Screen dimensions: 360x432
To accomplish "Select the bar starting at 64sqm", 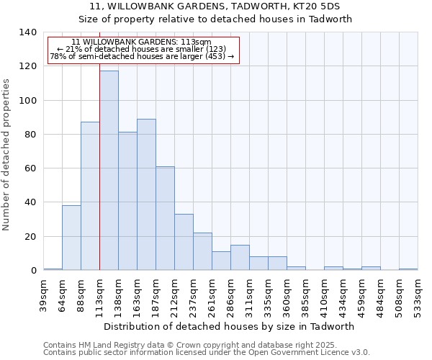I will tap(71, 238).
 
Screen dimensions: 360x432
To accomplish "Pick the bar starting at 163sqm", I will tap(146, 194).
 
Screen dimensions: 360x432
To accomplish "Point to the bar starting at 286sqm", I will tap(240, 258).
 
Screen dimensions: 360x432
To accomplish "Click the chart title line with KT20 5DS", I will tap(215, 6).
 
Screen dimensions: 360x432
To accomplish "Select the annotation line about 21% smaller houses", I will tap(143, 49).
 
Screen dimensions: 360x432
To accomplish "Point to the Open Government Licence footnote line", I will tap(207, 352).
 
